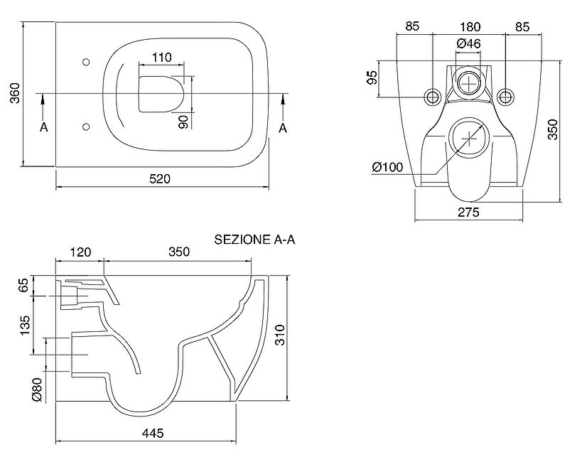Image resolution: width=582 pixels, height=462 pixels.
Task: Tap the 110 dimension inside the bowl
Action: click(x=163, y=57)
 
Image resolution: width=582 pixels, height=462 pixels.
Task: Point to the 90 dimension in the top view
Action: click(x=183, y=121)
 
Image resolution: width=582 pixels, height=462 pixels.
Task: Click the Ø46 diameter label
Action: click(x=469, y=44)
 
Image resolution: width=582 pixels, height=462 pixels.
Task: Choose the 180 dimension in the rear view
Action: click(x=470, y=26)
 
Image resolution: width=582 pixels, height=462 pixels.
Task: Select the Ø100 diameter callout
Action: click(x=387, y=168)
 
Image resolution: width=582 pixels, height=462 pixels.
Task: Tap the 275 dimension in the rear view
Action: click(x=469, y=212)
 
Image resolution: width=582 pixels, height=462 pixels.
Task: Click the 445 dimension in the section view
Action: click(x=153, y=433)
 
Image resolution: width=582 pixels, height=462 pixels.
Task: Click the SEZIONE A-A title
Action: click(x=254, y=240)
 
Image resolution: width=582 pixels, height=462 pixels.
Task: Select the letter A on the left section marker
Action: click(x=43, y=127)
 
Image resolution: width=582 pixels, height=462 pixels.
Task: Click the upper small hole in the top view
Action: click(x=86, y=61)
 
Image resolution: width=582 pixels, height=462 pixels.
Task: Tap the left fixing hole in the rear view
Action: click(x=431, y=96)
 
